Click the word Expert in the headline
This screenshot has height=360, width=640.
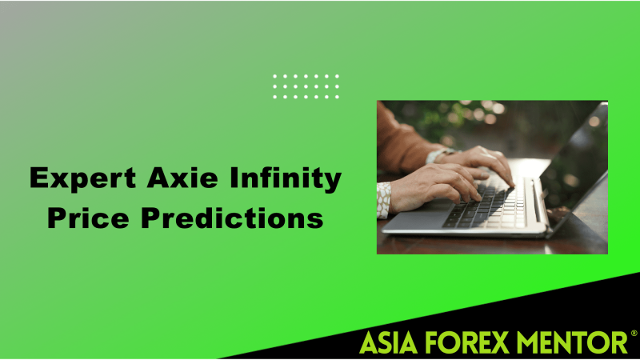coord(82,178)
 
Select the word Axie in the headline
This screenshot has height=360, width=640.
coord(182,178)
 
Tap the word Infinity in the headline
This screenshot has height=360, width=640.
coord(286,178)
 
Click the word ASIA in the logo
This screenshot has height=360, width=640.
coord(389,342)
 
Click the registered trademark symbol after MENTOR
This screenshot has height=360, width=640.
coord(634,334)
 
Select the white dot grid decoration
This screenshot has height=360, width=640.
coord(306,86)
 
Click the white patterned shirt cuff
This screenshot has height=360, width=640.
coord(383,200)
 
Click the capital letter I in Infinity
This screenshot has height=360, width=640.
coord(234,178)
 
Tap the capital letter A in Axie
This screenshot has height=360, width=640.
coord(161,178)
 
